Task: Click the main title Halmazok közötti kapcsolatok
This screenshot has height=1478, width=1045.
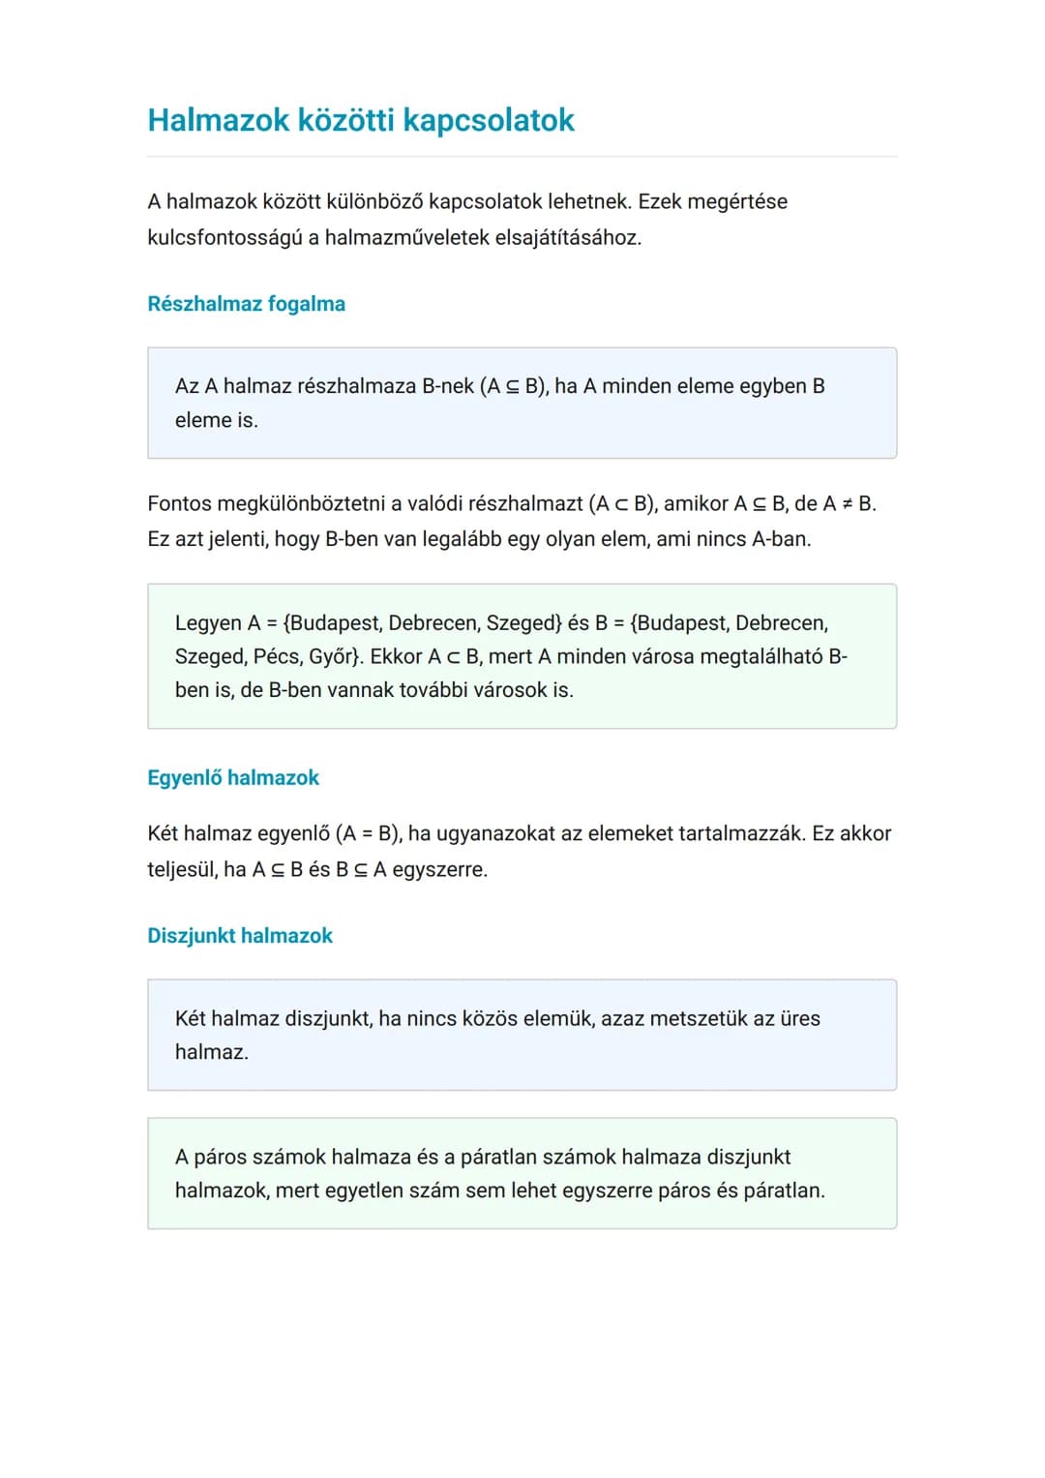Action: tap(360, 120)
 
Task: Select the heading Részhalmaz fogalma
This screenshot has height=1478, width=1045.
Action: tap(246, 304)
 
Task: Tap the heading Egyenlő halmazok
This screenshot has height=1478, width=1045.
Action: tap(233, 778)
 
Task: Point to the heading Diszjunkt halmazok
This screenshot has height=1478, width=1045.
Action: tap(240, 936)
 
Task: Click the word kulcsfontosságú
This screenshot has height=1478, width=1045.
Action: tap(224, 237)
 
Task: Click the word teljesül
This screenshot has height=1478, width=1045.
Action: tap(182, 869)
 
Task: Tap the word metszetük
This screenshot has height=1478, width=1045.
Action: tap(699, 1019)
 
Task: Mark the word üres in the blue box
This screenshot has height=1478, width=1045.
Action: tap(800, 1019)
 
